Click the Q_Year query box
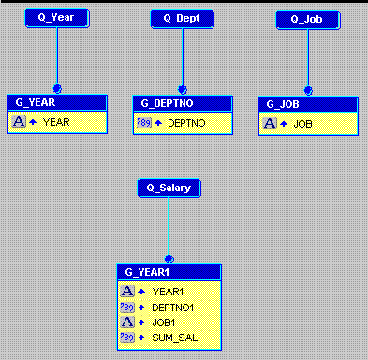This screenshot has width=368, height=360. point(57,19)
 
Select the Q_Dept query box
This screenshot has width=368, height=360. point(182,19)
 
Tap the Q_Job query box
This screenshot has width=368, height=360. point(307,19)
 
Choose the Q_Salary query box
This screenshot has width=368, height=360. point(169,188)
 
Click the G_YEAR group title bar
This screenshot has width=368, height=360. point(57,103)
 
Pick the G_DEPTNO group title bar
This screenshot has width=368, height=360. point(182,103)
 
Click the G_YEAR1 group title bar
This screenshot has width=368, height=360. point(169,272)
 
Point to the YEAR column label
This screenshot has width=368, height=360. point(56,122)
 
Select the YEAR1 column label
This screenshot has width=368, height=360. point(168,291)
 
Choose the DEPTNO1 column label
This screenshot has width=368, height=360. point(172,306)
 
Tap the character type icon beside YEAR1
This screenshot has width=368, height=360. point(126,291)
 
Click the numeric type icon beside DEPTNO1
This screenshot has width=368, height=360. point(126,306)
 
